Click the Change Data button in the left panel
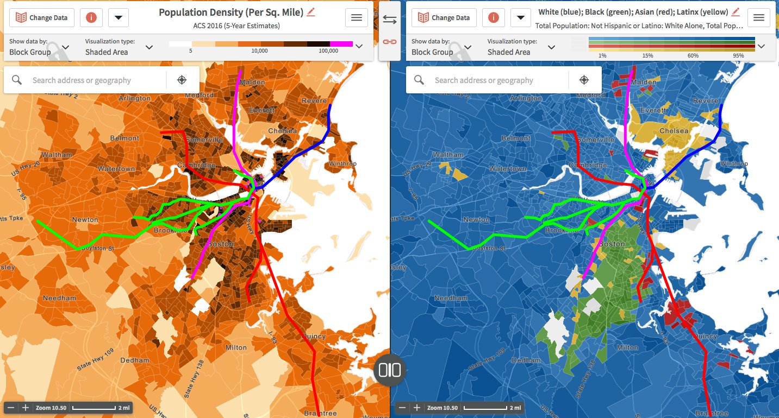[42, 17]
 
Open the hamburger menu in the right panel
[759, 17]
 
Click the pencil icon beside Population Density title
[311, 12]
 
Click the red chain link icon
[390, 41]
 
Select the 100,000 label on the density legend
[328, 50]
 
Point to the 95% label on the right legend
[738, 55]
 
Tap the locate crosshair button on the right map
[584, 80]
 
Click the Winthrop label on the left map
[344, 163]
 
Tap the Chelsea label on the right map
[674, 131]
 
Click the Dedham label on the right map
[526, 360]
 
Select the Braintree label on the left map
[320, 413]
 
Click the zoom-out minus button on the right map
[402, 407]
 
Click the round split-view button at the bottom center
[390, 370]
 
